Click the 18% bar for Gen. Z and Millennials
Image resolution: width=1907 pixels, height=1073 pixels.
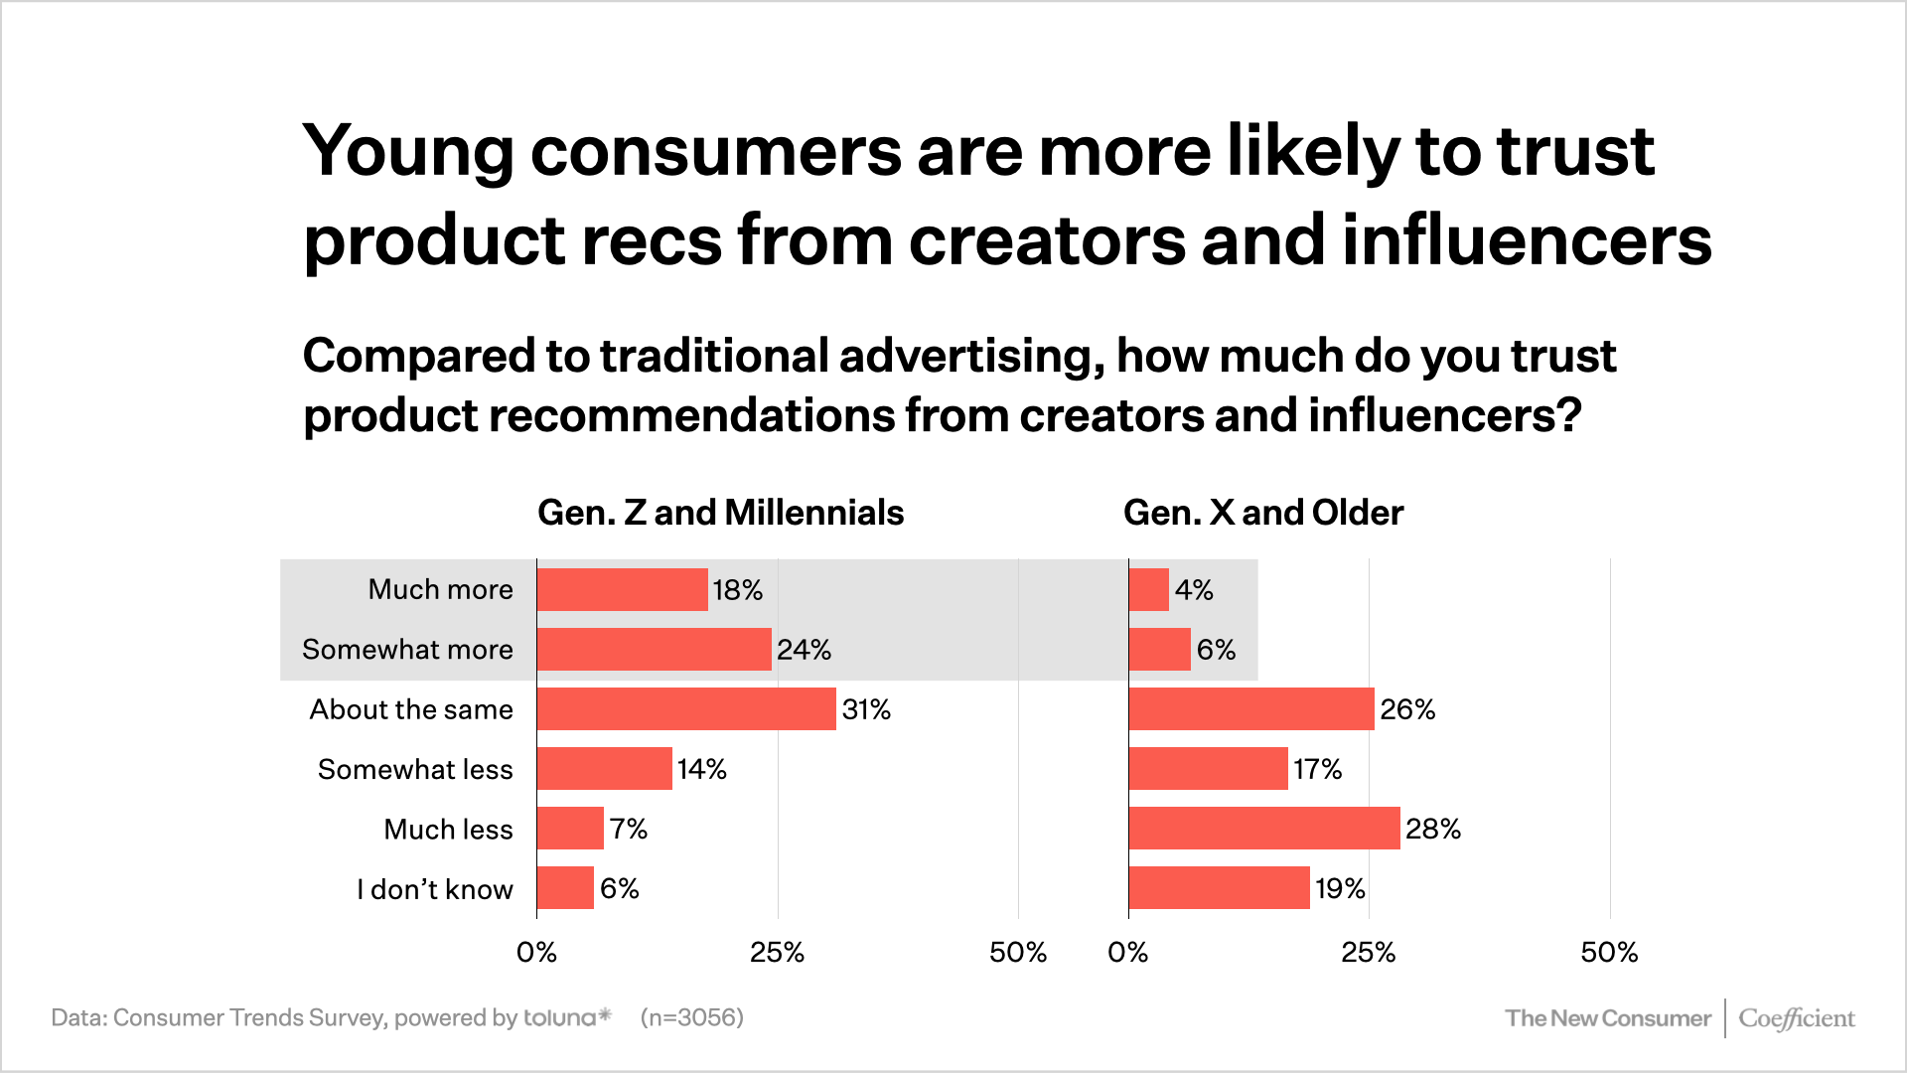point(623,589)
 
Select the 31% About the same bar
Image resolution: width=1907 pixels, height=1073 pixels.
point(686,709)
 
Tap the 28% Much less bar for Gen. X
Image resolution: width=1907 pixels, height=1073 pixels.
point(1264,829)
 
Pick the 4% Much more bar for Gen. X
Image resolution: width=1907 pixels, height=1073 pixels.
point(1149,589)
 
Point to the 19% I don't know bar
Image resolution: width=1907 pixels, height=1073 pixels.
point(1220,888)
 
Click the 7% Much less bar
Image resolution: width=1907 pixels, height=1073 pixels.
point(570,829)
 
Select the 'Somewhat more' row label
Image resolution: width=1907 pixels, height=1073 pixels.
point(407,650)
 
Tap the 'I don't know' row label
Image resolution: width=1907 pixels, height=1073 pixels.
point(435,889)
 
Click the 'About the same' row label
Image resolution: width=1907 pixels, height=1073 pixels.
point(411,709)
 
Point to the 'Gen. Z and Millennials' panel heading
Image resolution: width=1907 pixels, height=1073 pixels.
point(721,513)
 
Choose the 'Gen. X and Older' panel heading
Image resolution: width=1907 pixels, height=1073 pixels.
point(1263,513)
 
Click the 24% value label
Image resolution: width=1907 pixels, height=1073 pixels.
point(805,650)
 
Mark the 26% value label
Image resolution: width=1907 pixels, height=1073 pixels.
point(1407,709)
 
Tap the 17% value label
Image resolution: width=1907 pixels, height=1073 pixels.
point(1317,769)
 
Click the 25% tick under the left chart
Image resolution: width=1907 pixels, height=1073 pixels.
point(777,953)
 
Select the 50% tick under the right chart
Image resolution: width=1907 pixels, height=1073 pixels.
point(1609,953)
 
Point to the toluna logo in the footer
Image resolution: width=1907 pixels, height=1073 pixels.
point(568,1017)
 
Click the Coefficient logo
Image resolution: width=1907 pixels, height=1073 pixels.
point(1797,1018)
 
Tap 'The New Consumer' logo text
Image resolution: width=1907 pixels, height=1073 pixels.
point(1608,1018)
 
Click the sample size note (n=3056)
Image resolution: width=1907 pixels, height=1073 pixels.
point(692,1017)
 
